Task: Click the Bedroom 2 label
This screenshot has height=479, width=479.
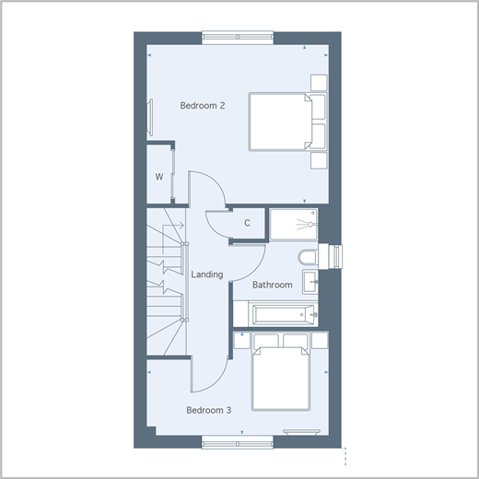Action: [x=203, y=106]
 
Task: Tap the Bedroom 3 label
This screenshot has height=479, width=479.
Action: [x=208, y=410]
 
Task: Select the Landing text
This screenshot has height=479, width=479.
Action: [x=207, y=275]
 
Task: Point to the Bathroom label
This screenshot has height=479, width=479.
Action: [x=273, y=285]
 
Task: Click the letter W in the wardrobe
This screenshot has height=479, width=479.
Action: [x=159, y=177]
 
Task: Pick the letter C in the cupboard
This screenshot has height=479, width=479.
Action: [x=247, y=223]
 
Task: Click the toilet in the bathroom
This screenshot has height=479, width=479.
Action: [x=308, y=257]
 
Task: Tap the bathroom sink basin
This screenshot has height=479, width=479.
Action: [x=310, y=282]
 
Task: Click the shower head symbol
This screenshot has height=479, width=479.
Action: [x=307, y=225]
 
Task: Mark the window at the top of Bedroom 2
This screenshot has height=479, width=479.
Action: [x=238, y=37]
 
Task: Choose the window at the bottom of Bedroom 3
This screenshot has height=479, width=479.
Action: [x=238, y=443]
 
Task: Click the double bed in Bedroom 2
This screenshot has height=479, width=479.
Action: [x=287, y=122]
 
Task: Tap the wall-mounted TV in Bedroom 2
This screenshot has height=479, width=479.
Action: [x=150, y=117]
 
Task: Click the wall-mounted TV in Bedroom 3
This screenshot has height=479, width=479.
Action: [x=301, y=432]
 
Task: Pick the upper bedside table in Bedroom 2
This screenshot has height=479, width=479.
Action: [x=319, y=83]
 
